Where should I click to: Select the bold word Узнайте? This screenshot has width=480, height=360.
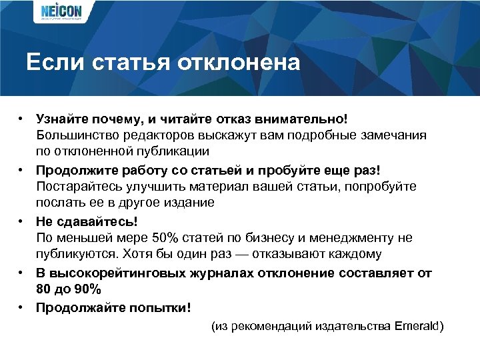(62, 117)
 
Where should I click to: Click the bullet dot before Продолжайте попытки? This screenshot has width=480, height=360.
(21, 307)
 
